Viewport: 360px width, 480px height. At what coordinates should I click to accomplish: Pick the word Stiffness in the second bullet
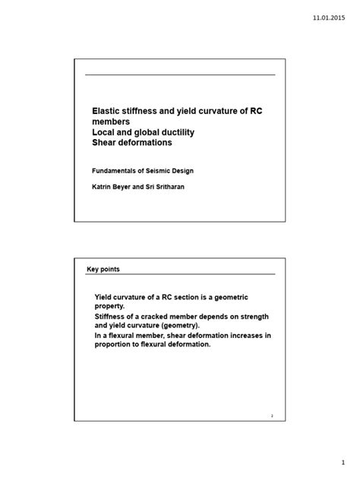tap(112, 318)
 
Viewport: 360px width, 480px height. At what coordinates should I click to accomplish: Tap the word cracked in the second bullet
tap(162, 318)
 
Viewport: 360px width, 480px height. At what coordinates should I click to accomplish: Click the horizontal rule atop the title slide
tap(179, 74)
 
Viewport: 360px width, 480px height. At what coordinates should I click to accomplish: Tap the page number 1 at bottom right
tap(343, 461)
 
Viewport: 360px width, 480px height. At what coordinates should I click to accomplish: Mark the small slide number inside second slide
tap(271, 415)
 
